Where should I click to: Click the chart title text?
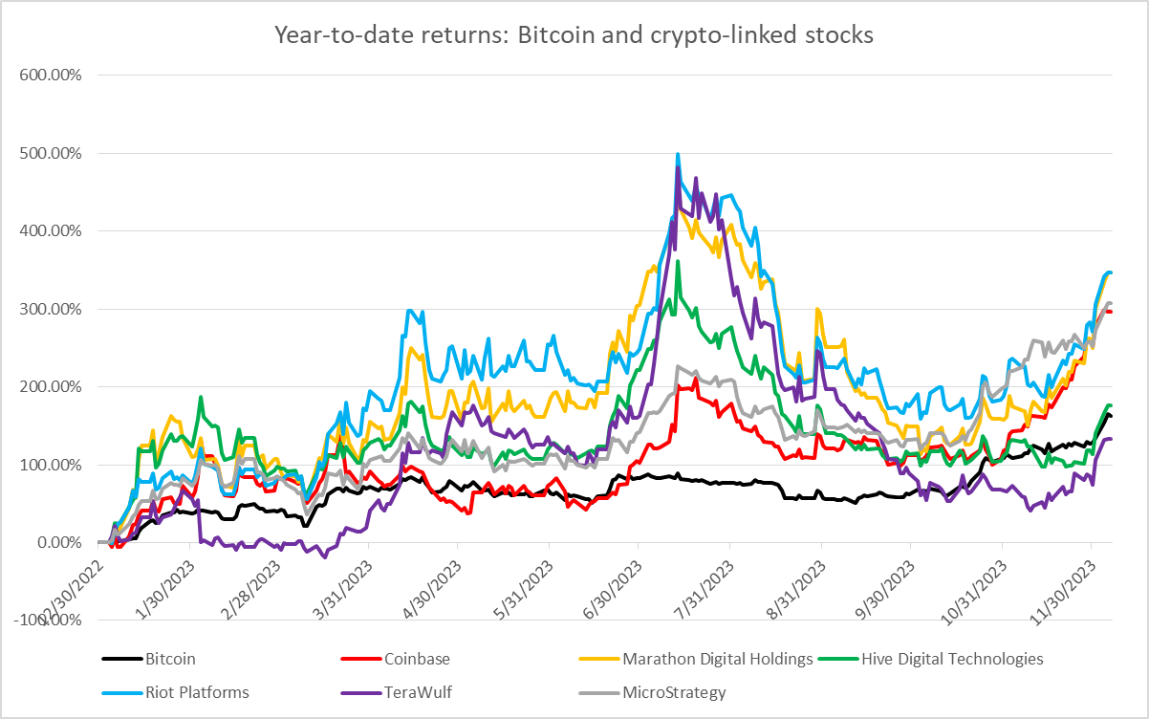(574, 35)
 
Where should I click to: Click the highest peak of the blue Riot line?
(678, 154)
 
